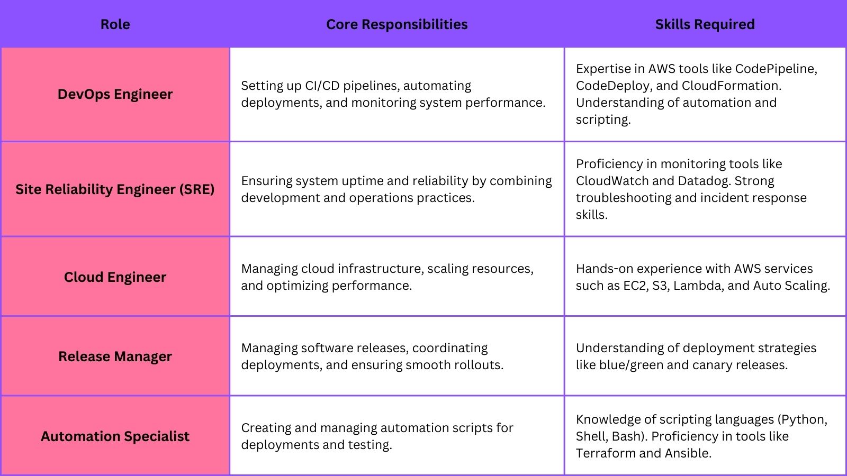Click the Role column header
[x=115, y=24]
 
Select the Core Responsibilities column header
[x=397, y=24]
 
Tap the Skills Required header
[x=705, y=24]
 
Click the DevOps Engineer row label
[x=115, y=94]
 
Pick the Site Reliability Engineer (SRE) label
[x=115, y=189]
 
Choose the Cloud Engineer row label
[x=115, y=277]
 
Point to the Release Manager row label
[x=115, y=356]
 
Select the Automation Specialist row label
[x=115, y=436]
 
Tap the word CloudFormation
[x=731, y=86]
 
